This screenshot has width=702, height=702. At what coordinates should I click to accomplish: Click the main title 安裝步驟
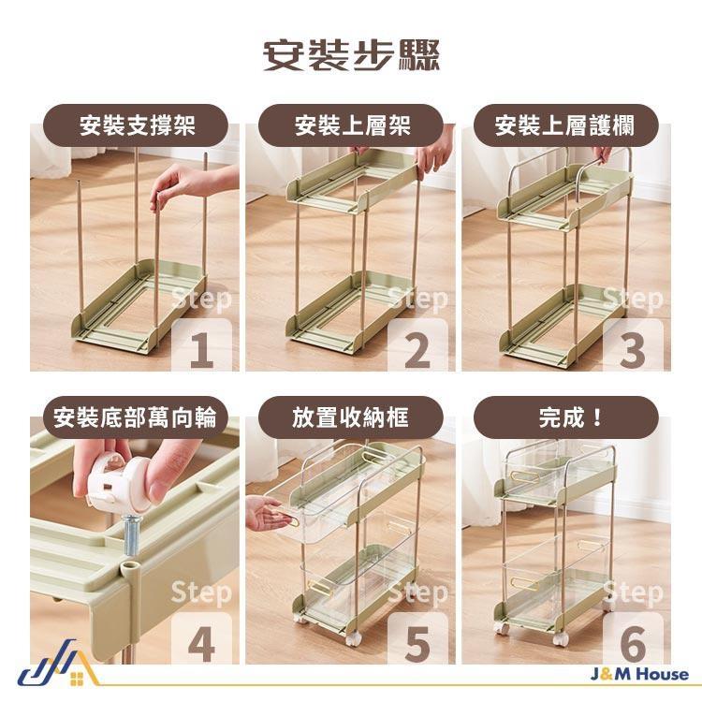click(351, 55)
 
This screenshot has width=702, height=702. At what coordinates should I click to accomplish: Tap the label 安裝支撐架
click(138, 125)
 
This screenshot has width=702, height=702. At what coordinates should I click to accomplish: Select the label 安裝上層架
click(351, 125)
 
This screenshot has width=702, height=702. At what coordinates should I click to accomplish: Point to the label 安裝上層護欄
click(564, 125)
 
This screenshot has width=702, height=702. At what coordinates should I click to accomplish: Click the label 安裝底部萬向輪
click(136, 417)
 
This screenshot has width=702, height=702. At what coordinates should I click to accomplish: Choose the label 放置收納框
click(351, 417)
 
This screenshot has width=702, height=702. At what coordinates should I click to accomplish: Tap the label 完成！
click(564, 417)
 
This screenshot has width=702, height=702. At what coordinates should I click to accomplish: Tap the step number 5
click(417, 644)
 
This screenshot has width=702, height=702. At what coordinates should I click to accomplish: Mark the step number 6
click(633, 644)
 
